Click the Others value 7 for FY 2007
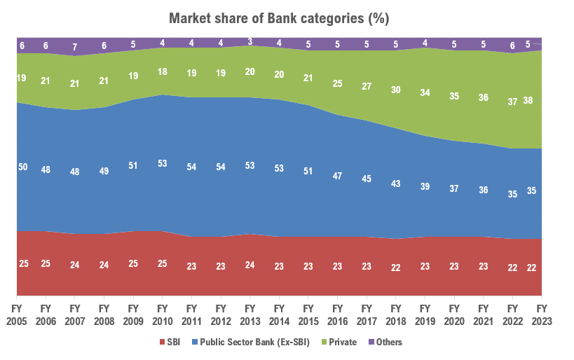pos(75,47)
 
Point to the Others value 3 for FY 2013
pos(250,41)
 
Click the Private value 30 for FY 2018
pos(395,90)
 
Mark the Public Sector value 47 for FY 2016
pos(337,176)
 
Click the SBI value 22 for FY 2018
pos(395,268)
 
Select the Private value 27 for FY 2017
pos(367,86)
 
